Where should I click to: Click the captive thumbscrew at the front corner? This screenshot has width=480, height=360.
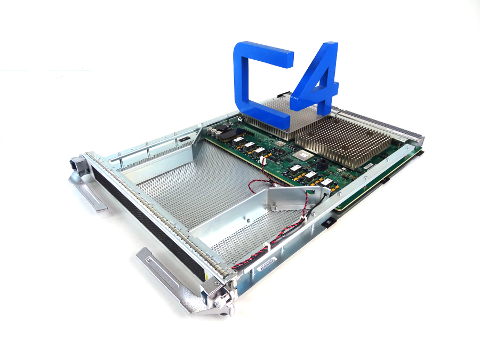223,307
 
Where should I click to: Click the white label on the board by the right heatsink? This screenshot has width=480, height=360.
368,166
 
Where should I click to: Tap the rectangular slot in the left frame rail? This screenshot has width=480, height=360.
183,140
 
